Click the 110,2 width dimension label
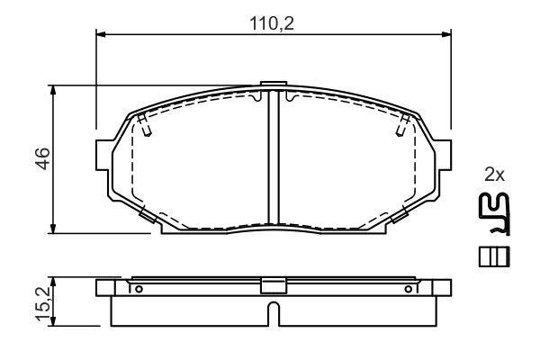272,23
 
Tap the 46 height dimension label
43,158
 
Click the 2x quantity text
494,175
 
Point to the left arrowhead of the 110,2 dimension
100,34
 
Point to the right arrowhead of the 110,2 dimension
446,34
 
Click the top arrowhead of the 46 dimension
53,90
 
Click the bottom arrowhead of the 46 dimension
53,229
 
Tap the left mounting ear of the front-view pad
104,155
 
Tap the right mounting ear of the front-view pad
443,155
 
